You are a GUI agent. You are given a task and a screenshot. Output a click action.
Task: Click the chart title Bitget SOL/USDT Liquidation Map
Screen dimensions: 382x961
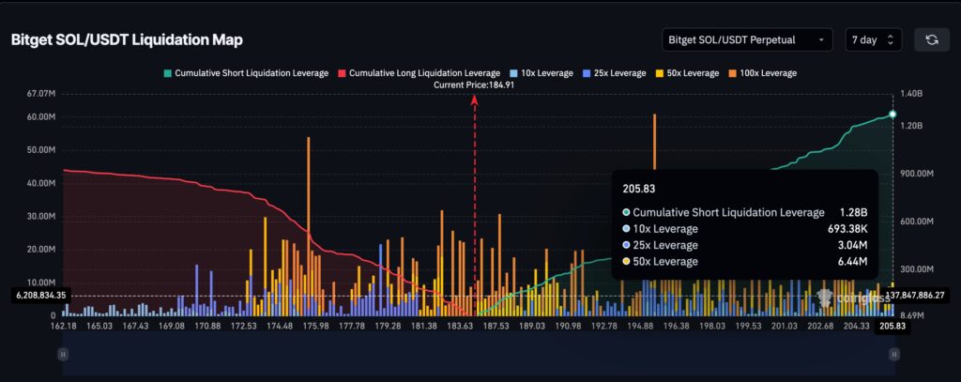(127, 40)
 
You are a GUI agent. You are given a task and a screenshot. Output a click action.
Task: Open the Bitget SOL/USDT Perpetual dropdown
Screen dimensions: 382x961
(746, 39)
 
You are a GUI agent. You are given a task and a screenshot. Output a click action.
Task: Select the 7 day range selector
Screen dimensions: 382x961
(873, 39)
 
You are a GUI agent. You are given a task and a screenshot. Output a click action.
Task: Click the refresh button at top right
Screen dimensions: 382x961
(931, 39)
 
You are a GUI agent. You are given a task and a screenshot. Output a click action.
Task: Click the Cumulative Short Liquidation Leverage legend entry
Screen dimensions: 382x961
(245, 72)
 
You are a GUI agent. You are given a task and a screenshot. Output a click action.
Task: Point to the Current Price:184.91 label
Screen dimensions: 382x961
(474, 84)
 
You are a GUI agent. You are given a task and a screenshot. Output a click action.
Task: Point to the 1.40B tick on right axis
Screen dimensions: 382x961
(910, 94)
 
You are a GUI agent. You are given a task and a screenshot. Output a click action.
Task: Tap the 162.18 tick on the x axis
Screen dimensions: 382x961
(64, 326)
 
